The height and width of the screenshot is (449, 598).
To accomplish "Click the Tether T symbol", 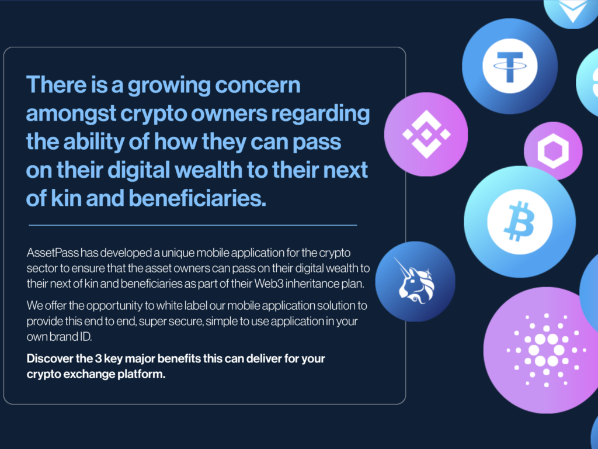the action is (510, 67).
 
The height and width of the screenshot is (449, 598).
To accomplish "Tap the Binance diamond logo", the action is (426, 134).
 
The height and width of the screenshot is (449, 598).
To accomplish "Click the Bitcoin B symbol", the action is (519, 222).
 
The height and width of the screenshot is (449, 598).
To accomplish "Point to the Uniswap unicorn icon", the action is (415, 281).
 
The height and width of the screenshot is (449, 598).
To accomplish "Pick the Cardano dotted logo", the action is (546, 350).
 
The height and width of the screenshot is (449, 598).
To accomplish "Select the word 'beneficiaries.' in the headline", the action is (197, 199).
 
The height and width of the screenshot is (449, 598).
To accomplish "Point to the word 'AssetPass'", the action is (53, 253).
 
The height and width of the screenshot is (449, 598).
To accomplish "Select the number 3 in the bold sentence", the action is (98, 358).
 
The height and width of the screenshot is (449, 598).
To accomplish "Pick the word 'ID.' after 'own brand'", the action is (85, 337).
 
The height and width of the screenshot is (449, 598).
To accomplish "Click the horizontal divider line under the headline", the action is (193, 225).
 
